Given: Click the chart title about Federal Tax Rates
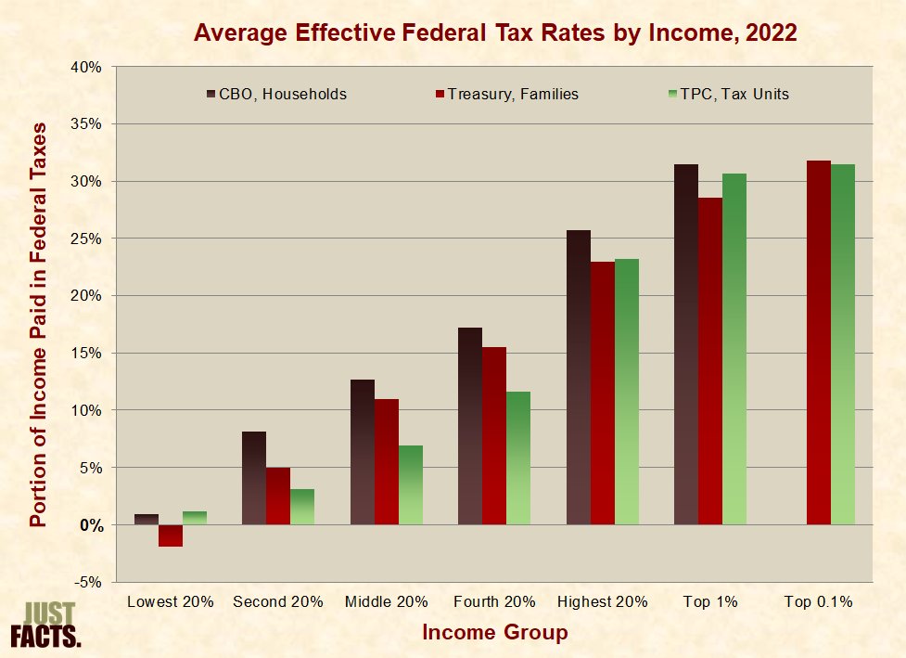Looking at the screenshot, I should coord(495,33).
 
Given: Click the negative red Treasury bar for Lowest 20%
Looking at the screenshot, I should coord(171,535).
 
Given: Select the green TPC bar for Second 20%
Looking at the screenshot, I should coord(302,507).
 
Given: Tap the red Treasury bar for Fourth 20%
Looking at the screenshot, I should coord(494,436).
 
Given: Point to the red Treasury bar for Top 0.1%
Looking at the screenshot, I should coord(819,342).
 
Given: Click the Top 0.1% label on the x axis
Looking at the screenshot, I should coord(818,601).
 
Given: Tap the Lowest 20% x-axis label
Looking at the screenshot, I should coord(171,601).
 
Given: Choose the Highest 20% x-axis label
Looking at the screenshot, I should coord(602,601).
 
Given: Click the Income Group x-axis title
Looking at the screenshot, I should coord(494,633).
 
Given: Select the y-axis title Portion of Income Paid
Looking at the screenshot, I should coord(38,324).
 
